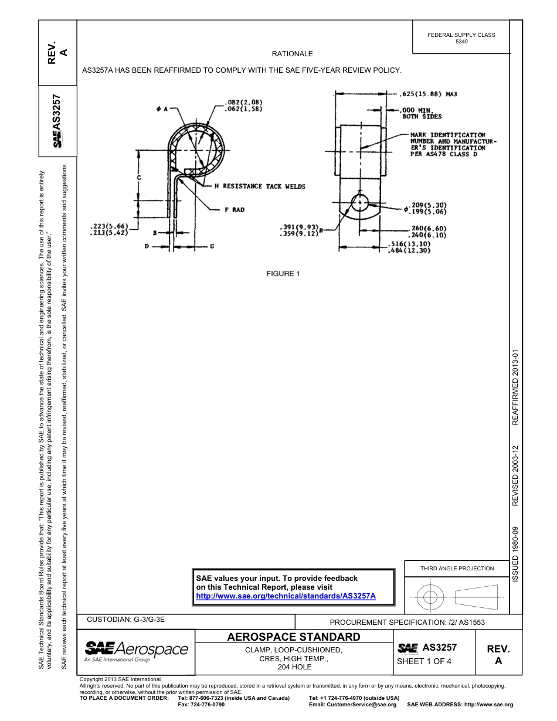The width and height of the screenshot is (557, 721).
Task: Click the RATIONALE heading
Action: tap(292, 54)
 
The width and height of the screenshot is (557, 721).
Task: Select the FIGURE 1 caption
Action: tap(283, 274)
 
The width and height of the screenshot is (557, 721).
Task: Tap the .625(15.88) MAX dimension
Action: tap(428, 93)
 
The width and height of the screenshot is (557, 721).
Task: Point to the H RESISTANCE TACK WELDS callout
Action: tap(260, 186)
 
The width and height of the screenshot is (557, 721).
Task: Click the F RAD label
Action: tap(234, 209)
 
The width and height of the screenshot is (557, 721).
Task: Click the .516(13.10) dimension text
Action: tap(410, 244)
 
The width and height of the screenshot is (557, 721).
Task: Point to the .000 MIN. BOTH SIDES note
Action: tap(421, 113)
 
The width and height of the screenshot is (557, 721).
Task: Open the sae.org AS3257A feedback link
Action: tap(286, 596)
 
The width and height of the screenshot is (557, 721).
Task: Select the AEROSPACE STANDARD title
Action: tap(293, 637)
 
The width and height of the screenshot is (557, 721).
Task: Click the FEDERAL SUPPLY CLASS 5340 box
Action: tap(461, 38)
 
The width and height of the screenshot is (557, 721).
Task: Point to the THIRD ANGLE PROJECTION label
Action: tap(457, 568)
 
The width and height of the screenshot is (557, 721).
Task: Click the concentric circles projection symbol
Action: tap(430, 597)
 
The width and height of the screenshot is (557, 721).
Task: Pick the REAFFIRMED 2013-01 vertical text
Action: tap(515, 388)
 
